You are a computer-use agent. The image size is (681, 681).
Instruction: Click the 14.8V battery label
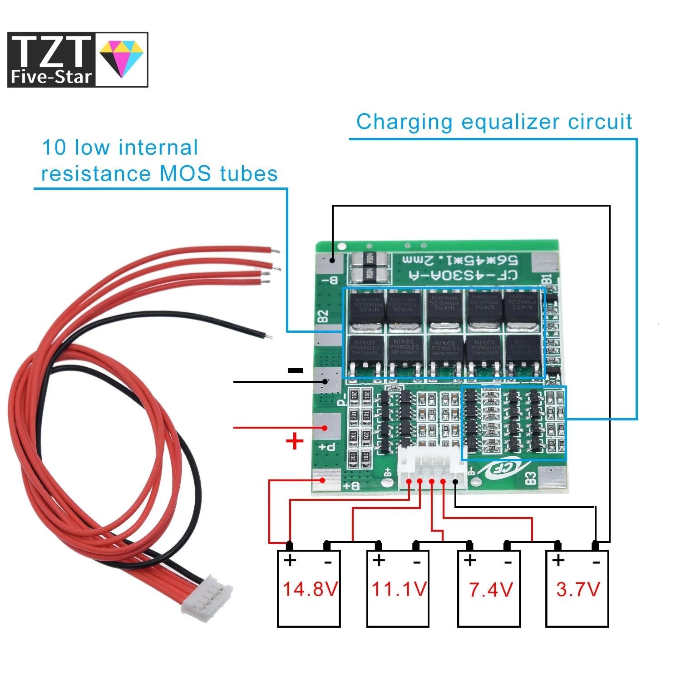[x=310, y=589]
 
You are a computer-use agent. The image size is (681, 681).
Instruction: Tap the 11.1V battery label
[x=399, y=589]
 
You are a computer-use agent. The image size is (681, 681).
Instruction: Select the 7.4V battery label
[x=491, y=590]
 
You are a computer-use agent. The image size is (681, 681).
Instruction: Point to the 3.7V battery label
[x=578, y=589]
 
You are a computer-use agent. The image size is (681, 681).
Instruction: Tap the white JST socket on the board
[x=431, y=468]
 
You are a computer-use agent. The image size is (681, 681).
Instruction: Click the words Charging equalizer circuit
[x=494, y=122]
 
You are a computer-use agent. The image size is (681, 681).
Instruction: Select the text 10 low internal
[x=120, y=148]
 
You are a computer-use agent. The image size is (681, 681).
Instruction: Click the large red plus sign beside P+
[x=295, y=441]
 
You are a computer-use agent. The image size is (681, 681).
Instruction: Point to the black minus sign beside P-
[x=296, y=370]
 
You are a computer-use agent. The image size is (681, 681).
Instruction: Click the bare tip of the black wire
[x=268, y=336]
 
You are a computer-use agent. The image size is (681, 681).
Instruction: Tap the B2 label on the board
[x=323, y=316]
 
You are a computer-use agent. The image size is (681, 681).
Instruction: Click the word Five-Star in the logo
[x=51, y=77]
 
